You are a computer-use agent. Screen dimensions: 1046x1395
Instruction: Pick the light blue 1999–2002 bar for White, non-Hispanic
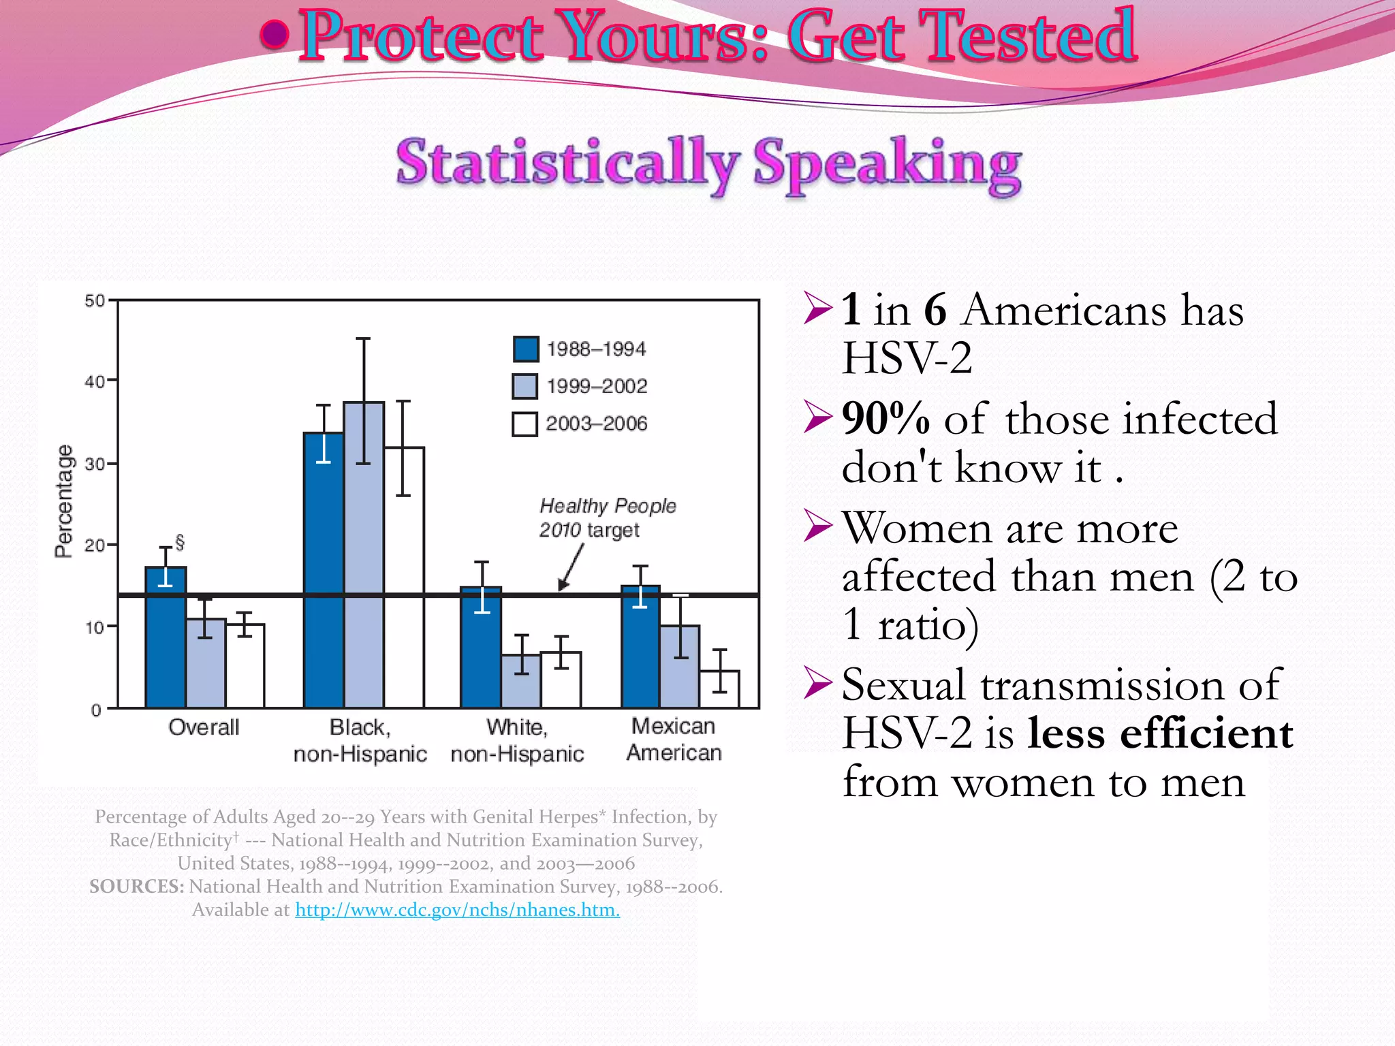[x=521, y=681]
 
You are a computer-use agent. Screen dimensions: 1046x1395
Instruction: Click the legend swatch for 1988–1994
[x=525, y=349]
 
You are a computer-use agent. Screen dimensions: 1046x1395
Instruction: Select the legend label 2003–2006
[x=596, y=424]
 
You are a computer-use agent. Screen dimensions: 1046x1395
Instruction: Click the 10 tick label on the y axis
[x=95, y=627]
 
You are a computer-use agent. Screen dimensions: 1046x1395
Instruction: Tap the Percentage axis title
[x=63, y=501]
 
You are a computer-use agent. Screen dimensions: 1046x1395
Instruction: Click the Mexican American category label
[x=674, y=739]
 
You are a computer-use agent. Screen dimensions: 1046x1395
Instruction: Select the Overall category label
[x=204, y=727]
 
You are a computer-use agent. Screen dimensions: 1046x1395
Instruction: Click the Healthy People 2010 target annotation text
[x=607, y=518]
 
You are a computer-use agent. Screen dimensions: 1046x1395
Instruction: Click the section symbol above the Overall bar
[x=180, y=543]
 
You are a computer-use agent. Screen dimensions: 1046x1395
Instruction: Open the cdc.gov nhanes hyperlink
[x=457, y=910]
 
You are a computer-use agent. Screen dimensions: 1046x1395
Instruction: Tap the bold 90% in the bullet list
[x=885, y=418]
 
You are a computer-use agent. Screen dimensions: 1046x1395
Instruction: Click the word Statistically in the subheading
[x=567, y=163]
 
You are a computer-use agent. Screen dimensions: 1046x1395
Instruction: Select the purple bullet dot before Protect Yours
[x=274, y=35]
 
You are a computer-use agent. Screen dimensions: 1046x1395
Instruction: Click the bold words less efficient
[x=1159, y=733]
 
